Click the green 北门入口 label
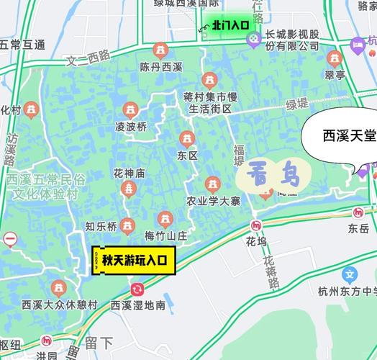click(x=230, y=24)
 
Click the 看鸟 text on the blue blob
click(x=272, y=174)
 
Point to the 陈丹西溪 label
click(x=162, y=68)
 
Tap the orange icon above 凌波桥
click(x=130, y=109)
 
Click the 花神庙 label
click(x=129, y=174)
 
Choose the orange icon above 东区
click(x=187, y=138)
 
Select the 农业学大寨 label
click(x=213, y=201)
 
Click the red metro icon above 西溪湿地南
click(x=137, y=289)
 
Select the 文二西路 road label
click(x=88, y=58)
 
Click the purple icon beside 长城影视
click(x=253, y=40)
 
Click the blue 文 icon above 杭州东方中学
click(x=350, y=274)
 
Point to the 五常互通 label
click(x=22, y=45)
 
